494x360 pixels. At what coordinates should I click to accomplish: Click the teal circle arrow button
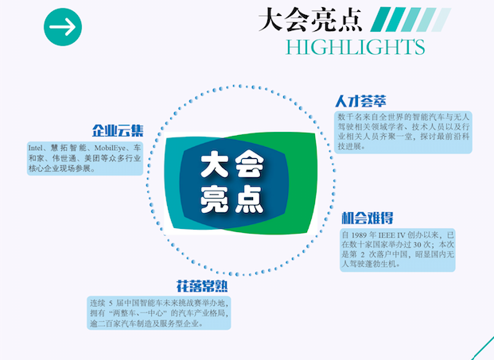pos(63,27)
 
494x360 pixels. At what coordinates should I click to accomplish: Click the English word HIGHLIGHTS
pos(355,47)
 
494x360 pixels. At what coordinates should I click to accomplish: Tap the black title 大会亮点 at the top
pos(310,20)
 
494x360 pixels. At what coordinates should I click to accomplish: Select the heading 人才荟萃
pos(360,101)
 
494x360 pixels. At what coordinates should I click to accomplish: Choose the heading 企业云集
pos(118,130)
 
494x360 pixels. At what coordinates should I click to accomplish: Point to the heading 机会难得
pos(368,218)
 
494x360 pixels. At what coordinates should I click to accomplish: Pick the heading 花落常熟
pos(202,286)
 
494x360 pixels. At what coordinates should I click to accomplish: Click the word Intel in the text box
pos(35,148)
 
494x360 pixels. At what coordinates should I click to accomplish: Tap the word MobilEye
pos(110,148)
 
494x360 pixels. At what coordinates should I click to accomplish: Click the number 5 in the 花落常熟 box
pos(111,304)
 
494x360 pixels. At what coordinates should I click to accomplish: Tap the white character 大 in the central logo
pos(215,165)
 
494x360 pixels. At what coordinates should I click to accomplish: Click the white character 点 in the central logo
pos(250,199)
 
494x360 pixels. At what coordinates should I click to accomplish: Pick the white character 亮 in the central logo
pos(215,199)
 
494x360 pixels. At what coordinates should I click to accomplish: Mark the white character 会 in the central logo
pos(250,165)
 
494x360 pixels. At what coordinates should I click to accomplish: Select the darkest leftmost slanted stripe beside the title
pos(380,20)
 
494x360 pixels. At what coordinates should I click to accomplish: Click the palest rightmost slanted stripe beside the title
pos(441,20)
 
